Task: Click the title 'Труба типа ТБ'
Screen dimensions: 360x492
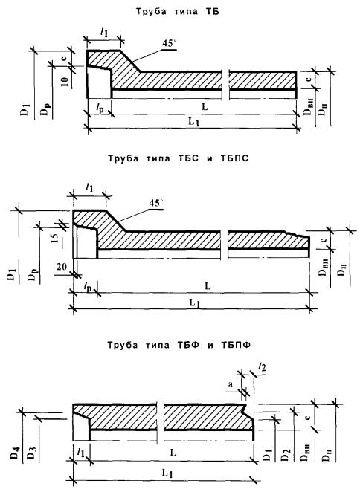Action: pos(178,12)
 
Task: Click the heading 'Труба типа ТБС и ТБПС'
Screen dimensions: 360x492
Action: pos(178,158)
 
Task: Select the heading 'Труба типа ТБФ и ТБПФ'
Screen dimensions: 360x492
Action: pos(179,345)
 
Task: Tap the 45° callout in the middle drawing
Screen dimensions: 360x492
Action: pos(155,203)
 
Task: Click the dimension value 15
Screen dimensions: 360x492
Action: pos(54,238)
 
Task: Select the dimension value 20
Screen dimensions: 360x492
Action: pos(62,267)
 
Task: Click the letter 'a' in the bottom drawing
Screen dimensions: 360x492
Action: pos(231,384)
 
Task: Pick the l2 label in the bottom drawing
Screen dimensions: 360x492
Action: pos(263,367)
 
